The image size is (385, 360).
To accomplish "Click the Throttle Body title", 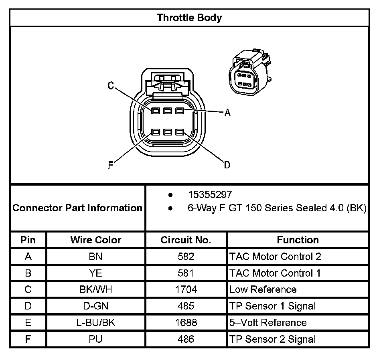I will (189, 18).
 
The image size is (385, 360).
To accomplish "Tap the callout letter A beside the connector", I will (227, 113).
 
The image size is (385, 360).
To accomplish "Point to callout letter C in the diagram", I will (111, 85).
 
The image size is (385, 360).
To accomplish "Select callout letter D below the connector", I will (227, 165).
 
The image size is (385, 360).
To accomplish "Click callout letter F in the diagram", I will (111, 165).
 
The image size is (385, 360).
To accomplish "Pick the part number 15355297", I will (210, 195).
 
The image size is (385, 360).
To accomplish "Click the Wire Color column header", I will (95, 240).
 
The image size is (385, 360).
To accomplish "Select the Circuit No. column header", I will (186, 240).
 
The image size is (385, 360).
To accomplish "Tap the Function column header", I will (298, 240).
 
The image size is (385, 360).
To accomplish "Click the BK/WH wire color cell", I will (95, 289).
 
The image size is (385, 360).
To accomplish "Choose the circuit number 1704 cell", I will (186, 289).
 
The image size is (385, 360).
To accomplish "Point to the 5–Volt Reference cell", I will (268, 322).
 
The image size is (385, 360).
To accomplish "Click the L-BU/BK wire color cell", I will (95, 322).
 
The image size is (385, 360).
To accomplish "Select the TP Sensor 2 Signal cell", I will (272, 339).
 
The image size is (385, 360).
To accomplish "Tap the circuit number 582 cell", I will (186, 257).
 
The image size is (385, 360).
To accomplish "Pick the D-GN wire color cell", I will (95, 306).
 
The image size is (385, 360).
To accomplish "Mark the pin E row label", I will (28, 322).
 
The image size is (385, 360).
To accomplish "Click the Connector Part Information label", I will (77, 208).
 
